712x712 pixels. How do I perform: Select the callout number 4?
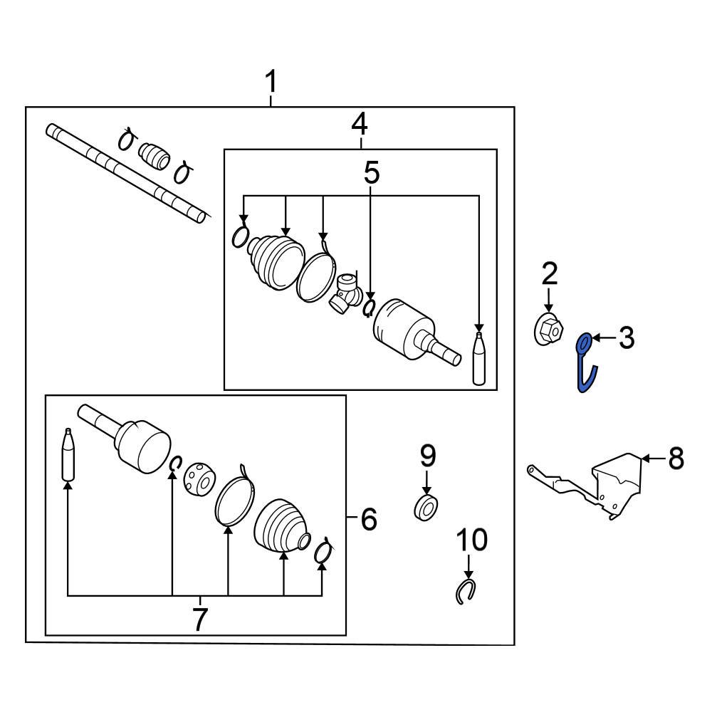coord(360,126)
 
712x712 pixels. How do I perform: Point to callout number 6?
coord(368,520)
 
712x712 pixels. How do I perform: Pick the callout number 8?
coord(675,459)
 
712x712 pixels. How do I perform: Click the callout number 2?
coord(549,273)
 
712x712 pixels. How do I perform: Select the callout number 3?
coord(626,338)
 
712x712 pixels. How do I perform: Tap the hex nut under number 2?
coord(548,328)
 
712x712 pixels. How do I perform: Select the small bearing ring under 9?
coord(426,508)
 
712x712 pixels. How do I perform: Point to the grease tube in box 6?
coord(68,456)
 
